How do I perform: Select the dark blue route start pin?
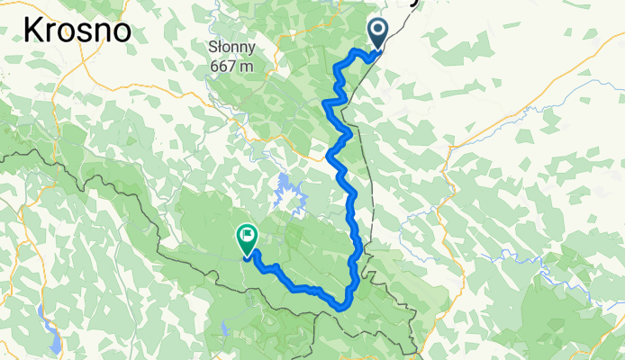376,34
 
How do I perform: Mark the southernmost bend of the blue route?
343,306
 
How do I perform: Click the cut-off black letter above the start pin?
415,3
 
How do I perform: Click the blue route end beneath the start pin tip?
376,51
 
